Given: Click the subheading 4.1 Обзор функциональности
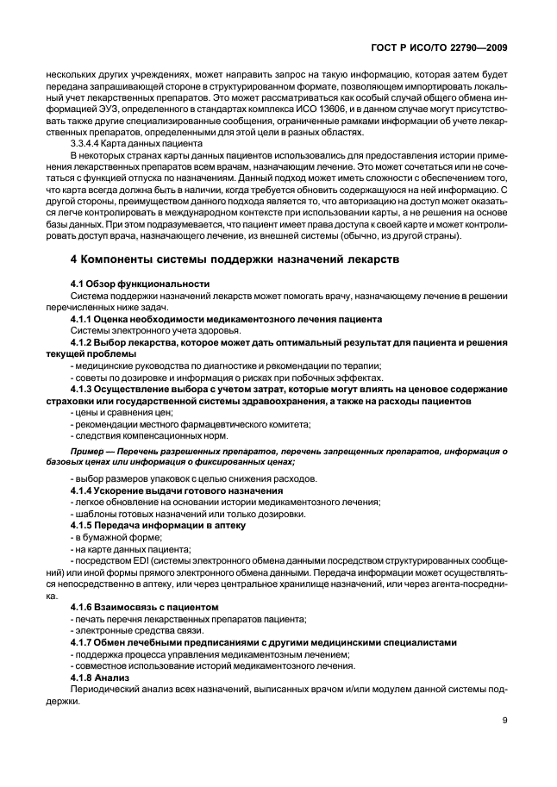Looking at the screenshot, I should [140, 284].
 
